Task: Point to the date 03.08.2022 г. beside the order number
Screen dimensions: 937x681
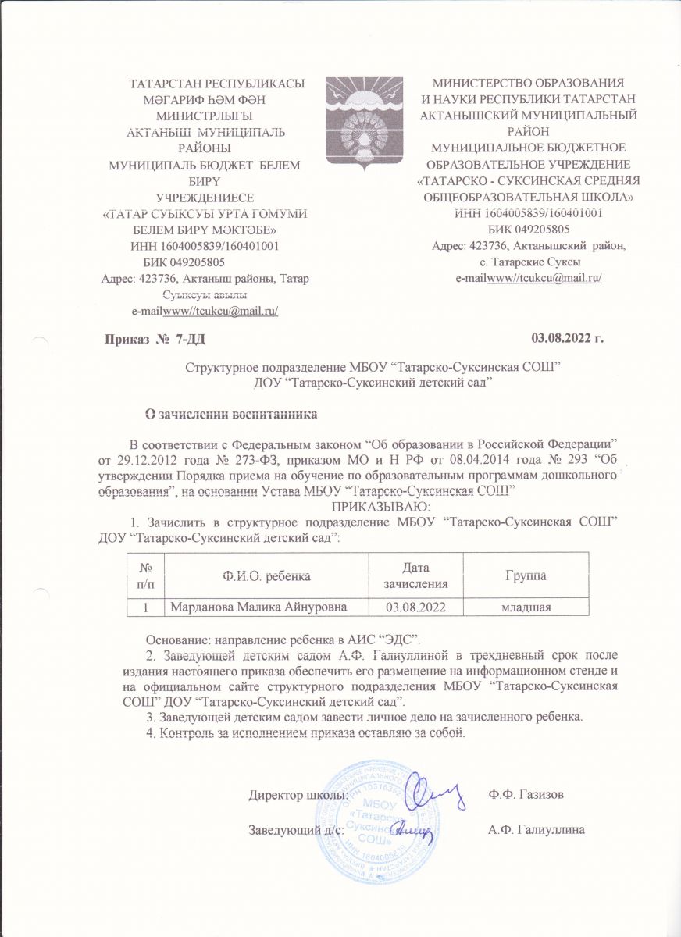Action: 568,339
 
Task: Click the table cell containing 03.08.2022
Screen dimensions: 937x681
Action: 419,606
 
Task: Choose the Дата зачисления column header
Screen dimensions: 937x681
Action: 419,575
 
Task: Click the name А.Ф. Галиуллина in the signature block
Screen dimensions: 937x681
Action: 536,829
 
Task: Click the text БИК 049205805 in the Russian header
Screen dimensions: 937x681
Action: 528,229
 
